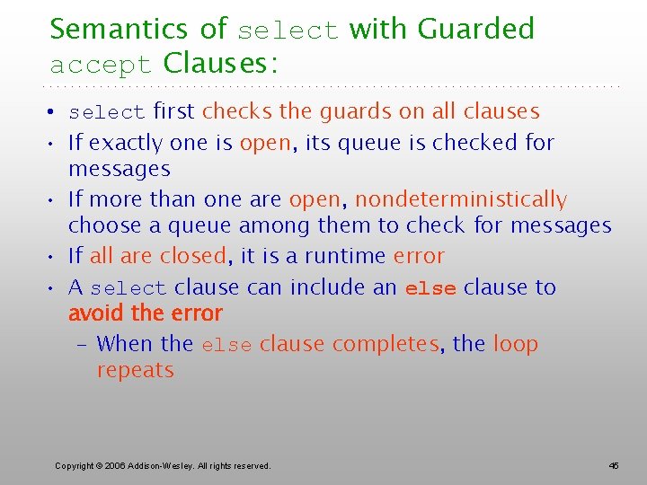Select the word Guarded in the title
pyautogui.click(x=476, y=29)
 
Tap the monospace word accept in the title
pyautogui.click(x=102, y=66)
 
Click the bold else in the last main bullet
pyautogui.click(x=430, y=288)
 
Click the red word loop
pyautogui.click(x=516, y=344)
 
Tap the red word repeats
pyautogui.click(x=135, y=370)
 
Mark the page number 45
pyautogui.click(x=614, y=465)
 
